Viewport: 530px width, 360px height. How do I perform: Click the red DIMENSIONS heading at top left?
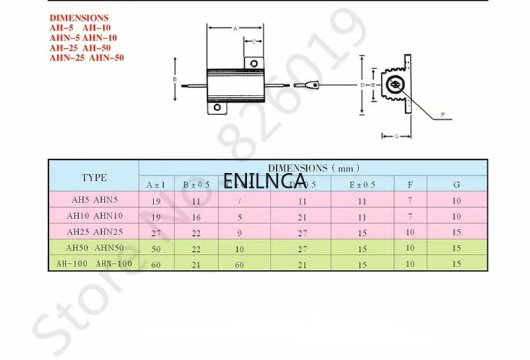[79, 17]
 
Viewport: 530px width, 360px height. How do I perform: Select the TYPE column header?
[93, 177]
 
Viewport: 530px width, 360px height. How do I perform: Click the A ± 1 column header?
[156, 185]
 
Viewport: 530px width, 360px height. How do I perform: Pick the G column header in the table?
[456, 185]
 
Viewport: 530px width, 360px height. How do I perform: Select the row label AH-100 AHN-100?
[93, 263]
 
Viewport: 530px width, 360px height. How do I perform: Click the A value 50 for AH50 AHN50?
[156, 247]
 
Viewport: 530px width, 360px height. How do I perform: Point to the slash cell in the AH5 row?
[239, 200]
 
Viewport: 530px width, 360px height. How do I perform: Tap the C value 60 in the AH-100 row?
[239, 264]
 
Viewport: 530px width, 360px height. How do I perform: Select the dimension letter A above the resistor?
[235, 29]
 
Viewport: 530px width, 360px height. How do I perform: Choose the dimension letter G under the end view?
[395, 136]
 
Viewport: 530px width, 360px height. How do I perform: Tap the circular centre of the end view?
[395, 85]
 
